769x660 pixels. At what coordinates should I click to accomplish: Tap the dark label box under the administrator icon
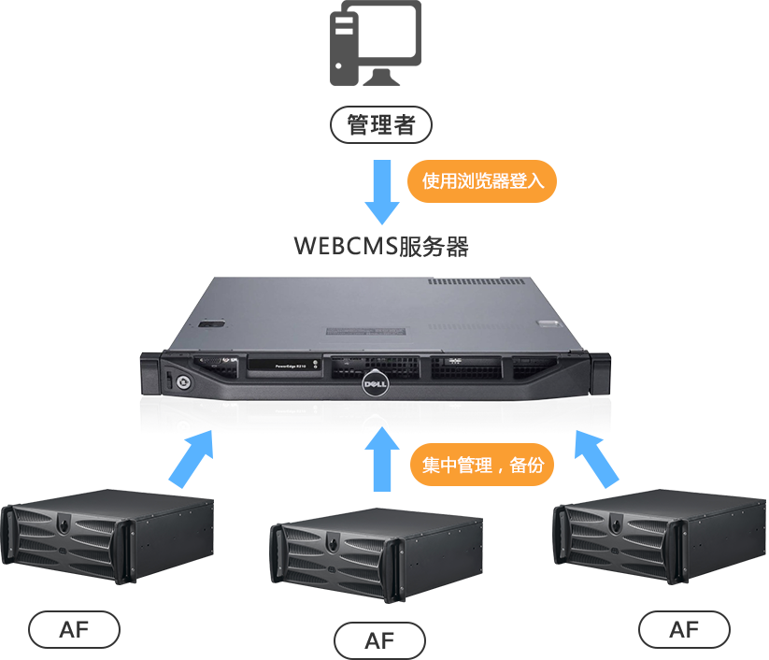(x=380, y=124)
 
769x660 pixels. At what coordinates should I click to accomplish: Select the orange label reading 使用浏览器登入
(x=481, y=180)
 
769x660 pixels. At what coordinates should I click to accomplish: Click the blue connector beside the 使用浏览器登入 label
(x=381, y=192)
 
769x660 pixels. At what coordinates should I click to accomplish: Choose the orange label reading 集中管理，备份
(x=481, y=465)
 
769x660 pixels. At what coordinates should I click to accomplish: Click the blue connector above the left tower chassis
(x=191, y=461)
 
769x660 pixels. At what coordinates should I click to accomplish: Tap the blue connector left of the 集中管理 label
(x=381, y=463)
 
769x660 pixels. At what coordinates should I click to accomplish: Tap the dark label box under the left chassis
(x=74, y=629)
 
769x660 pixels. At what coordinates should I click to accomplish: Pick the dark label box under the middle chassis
(x=379, y=639)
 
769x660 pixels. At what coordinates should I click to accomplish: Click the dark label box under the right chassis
(x=683, y=629)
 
